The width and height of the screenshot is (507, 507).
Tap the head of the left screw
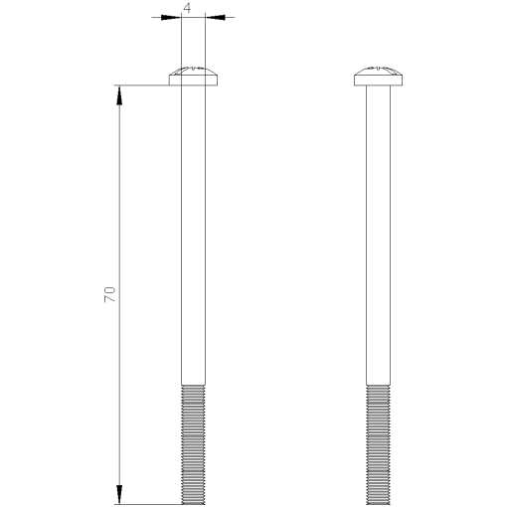coord(194,76)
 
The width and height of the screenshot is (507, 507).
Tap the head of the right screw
coord(379,76)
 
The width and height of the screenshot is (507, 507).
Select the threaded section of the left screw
coord(194,443)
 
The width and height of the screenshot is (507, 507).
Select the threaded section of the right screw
coord(379,443)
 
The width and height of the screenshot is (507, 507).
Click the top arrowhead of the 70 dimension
coord(120,93)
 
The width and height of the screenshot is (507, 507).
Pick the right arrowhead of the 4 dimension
coord(215,17)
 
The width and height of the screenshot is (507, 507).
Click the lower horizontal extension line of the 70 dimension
coord(149,504)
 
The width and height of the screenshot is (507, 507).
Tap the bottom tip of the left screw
coord(194,503)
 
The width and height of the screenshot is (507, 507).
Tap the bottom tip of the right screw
coord(379,503)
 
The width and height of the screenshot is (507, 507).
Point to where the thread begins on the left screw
coord(194,384)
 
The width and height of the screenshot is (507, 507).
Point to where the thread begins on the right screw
coord(379,384)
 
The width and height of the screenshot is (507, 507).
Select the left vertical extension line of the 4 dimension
coord(182,40)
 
